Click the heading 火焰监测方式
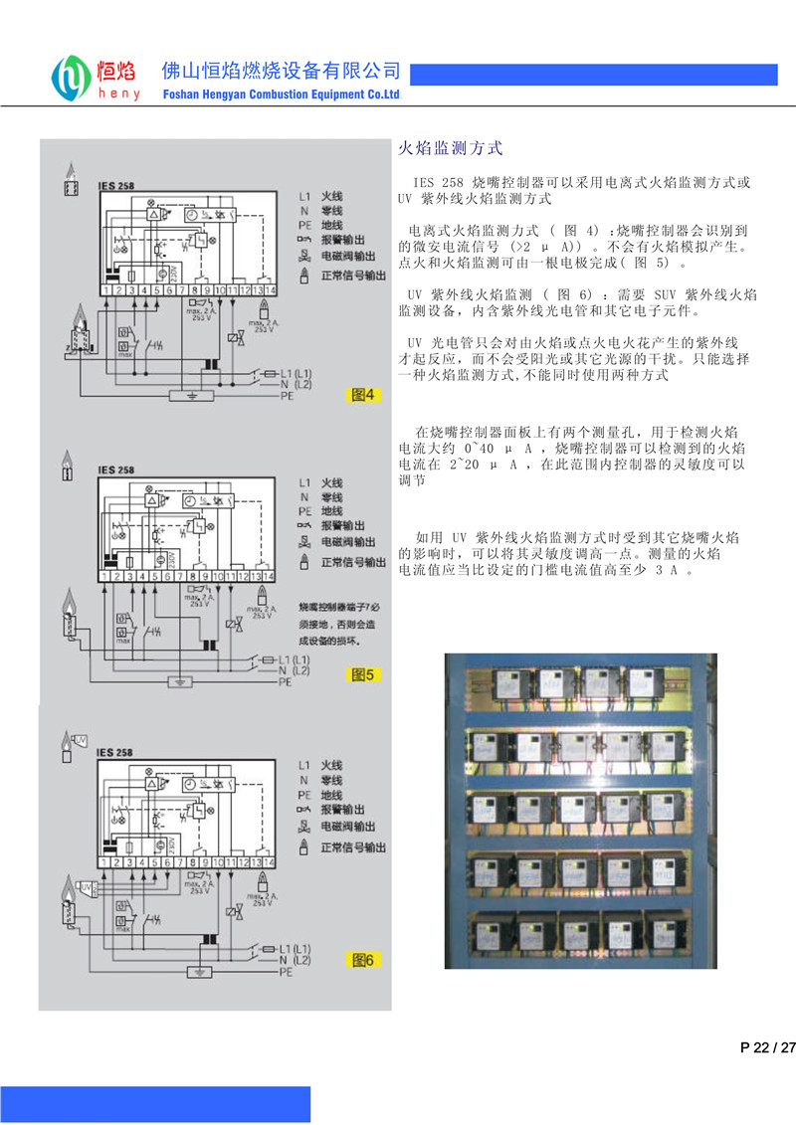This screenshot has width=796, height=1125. [x=451, y=149]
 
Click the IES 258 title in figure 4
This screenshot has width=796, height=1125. [x=115, y=185]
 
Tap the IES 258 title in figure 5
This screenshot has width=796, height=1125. [x=115, y=470]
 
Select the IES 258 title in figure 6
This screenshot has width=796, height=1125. [x=115, y=753]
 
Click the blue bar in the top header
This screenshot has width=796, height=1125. [x=594, y=75]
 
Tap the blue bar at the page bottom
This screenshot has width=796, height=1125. [x=155, y=1104]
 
